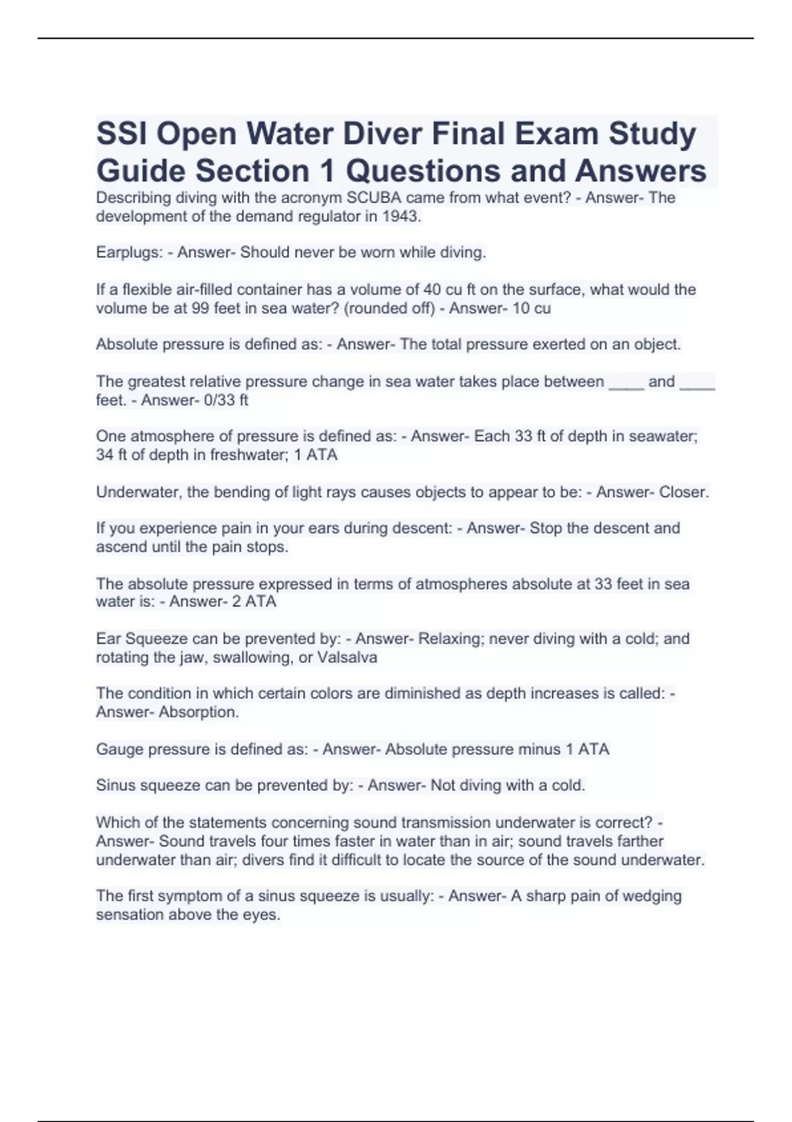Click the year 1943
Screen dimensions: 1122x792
coord(401,216)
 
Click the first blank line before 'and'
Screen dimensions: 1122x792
coord(626,383)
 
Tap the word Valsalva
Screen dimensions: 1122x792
coord(347,657)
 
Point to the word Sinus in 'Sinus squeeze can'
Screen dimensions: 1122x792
coord(115,785)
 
